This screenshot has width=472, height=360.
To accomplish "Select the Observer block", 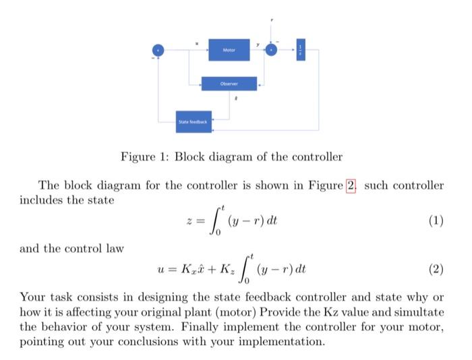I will [229, 84].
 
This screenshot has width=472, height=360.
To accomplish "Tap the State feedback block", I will [194, 121].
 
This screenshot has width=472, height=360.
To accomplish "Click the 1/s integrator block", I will [301, 50].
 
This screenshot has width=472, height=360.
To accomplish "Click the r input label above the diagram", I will [271, 20].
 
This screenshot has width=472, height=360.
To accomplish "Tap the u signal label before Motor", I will [196, 43].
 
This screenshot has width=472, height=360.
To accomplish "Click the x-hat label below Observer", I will [235, 98].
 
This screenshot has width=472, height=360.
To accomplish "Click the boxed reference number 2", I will [350, 185].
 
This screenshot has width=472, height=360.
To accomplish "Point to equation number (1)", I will [436, 220].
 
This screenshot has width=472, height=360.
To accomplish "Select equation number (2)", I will [436, 270].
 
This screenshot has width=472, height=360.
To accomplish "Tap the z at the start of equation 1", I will [189, 221].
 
